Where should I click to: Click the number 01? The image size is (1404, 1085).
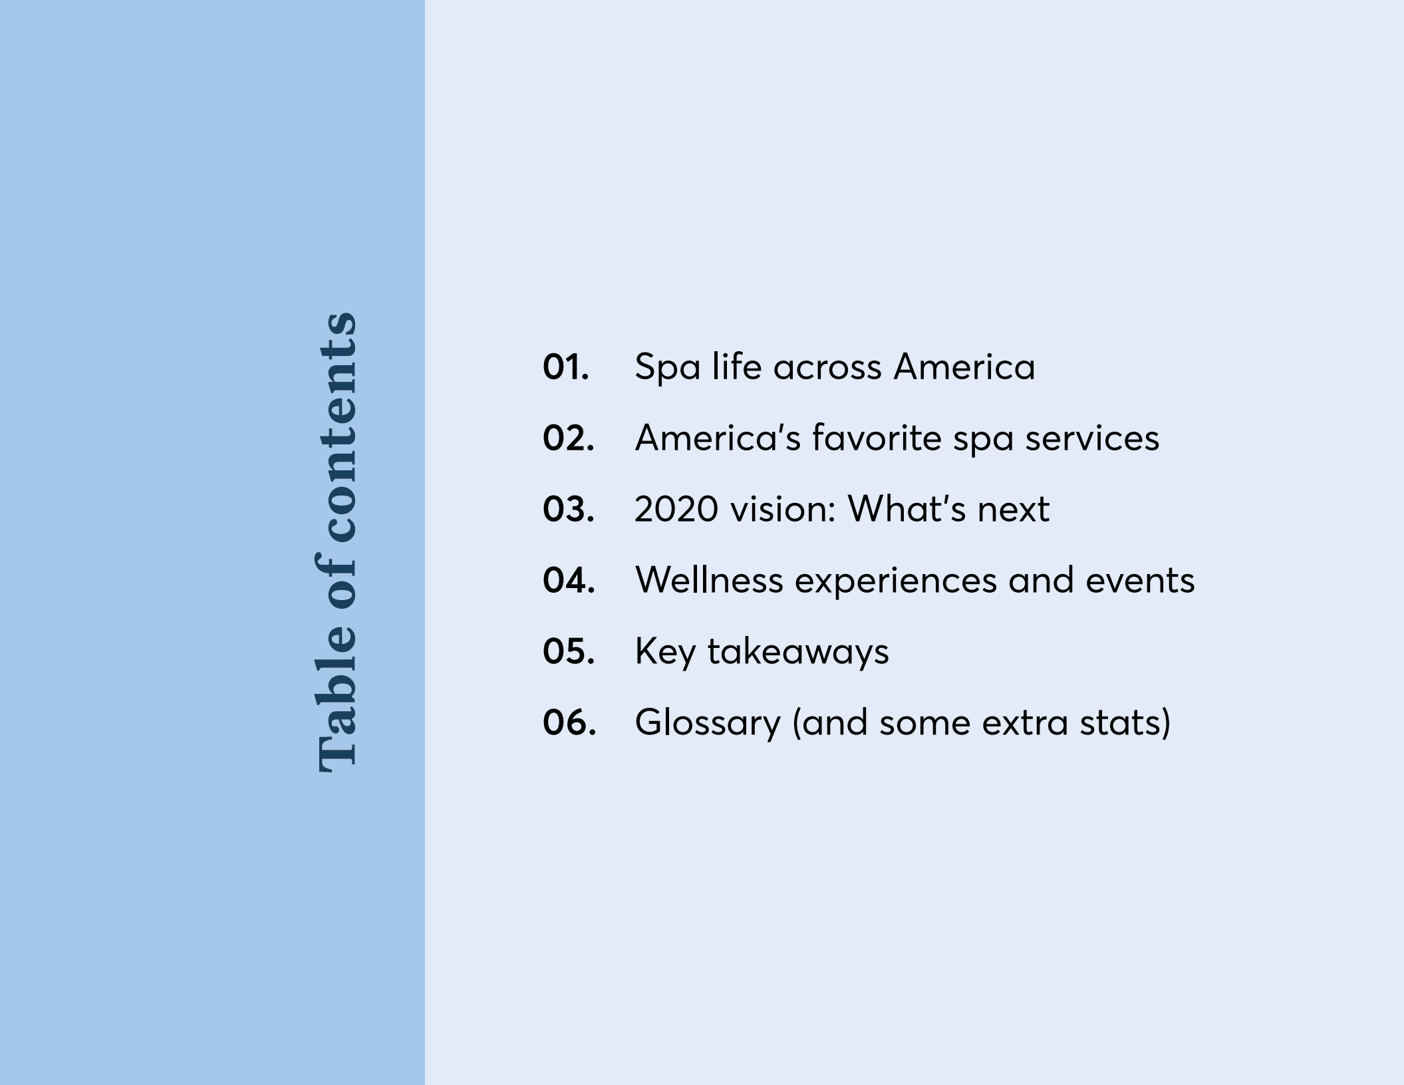click(565, 367)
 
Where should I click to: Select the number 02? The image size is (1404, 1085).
click(568, 438)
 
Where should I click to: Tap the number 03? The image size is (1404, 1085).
click(568, 510)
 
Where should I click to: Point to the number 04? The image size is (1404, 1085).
click(568, 581)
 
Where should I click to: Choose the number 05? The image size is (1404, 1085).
click(568, 652)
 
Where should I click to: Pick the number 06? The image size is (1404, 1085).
click(569, 723)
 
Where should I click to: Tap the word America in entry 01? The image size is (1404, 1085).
click(964, 367)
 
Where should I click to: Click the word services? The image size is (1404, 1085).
click(1091, 439)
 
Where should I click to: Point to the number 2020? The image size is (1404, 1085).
click(676, 510)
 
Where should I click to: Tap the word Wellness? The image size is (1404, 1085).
click(709, 581)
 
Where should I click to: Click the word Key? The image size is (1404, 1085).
click(665, 653)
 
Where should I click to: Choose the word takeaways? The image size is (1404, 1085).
click(797, 653)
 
